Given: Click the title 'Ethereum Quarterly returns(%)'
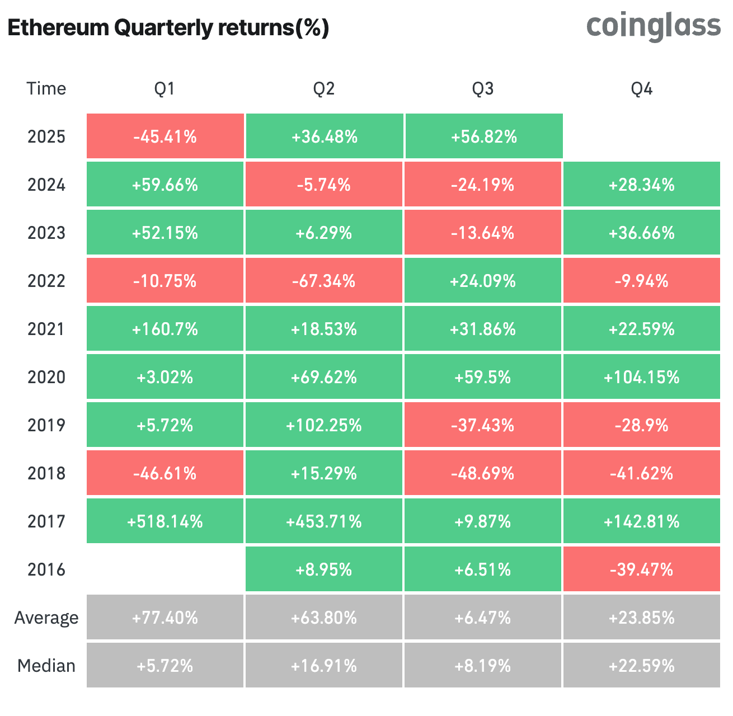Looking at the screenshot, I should point(168,28).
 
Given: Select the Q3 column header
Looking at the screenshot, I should point(482,88).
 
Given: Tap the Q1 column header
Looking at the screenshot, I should point(165,88).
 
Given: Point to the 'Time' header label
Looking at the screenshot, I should point(46,88).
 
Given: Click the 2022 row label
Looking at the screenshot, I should point(46,281).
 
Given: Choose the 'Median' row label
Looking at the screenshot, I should point(46,666).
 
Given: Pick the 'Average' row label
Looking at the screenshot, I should point(46,618).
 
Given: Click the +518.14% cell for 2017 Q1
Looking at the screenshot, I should point(165,521).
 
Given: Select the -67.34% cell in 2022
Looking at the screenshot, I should point(323,281).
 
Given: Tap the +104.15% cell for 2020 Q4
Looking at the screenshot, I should point(641,377).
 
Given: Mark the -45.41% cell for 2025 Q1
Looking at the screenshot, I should point(165,136).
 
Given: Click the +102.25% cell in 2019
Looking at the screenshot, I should point(323,425).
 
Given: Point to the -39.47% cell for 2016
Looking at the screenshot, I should point(641,569).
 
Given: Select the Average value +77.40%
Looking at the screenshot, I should point(165,618).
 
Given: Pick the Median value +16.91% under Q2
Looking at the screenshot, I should point(323,666).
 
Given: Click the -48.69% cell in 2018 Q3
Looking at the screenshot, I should point(482,473).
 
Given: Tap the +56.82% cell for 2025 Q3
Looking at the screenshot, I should point(483,136).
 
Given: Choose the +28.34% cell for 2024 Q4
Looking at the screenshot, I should point(641,185).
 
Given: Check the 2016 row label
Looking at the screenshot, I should point(46,569).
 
